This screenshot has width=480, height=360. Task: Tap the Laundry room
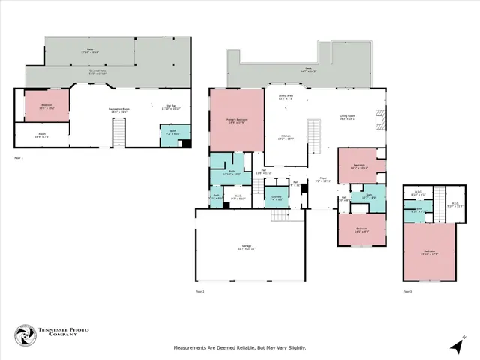point(276,198)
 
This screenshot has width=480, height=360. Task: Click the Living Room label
point(347,117)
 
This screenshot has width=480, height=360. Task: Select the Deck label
point(308,69)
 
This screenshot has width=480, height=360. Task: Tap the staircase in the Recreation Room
point(117,136)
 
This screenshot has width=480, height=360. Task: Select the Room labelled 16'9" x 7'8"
point(42,136)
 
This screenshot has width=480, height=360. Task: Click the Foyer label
point(322,181)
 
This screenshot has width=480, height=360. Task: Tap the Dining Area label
point(286,97)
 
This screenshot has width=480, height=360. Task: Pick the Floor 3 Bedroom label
point(430,253)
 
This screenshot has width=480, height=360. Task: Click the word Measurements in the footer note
point(190,347)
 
